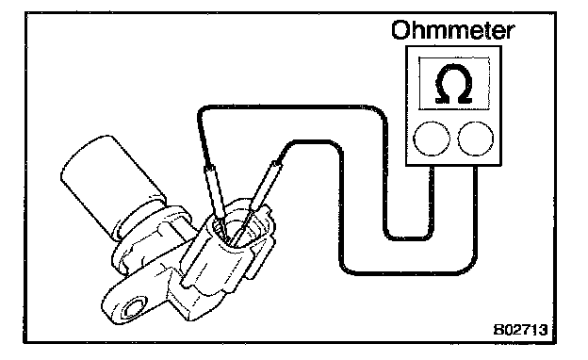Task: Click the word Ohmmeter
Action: click(x=452, y=30)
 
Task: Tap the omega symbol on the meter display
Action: click(x=454, y=84)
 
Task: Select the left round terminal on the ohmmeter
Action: click(x=432, y=138)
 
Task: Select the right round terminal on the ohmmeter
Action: click(x=476, y=138)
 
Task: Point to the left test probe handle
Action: click(x=215, y=191)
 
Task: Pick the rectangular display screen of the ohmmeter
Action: click(x=454, y=83)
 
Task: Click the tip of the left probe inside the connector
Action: click(x=227, y=240)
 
